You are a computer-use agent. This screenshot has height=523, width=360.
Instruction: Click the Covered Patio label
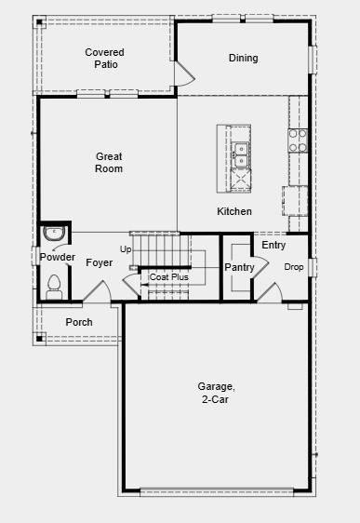[104, 59]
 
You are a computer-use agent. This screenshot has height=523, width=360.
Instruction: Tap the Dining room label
[244, 59]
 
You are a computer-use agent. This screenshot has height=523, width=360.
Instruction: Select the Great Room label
[109, 163]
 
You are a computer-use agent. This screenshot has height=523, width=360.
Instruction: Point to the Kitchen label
[234, 211]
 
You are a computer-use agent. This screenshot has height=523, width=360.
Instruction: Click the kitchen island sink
[241, 148]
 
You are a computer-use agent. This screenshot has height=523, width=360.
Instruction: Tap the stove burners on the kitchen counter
[298, 141]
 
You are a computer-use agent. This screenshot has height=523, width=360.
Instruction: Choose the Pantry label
[239, 268]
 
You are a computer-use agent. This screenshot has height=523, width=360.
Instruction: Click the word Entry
[273, 246]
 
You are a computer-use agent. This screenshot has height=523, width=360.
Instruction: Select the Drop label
[294, 267]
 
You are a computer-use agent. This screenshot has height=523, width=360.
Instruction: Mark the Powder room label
[57, 257]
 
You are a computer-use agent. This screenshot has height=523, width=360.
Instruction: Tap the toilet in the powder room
[53, 284]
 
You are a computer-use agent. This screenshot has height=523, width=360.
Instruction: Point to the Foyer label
[100, 263]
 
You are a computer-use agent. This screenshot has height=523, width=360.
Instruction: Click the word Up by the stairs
[126, 249]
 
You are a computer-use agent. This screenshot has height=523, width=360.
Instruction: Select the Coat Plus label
[168, 277]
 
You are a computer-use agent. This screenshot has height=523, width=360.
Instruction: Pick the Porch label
[79, 322]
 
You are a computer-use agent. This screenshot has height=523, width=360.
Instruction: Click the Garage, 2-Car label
[215, 393]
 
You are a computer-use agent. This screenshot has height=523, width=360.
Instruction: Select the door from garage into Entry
[268, 292]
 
